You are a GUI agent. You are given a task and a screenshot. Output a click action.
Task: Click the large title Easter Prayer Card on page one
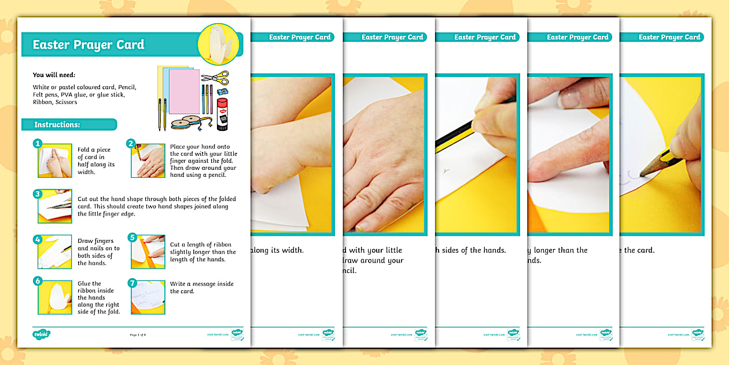tap(88, 45)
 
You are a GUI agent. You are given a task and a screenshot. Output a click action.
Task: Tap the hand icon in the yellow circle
tap(218, 43)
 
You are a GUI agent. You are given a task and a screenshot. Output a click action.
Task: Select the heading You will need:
tap(54, 75)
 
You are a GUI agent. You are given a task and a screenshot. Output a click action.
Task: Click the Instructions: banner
tap(57, 125)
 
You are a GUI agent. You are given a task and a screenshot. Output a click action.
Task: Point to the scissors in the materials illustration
tap(215, 77)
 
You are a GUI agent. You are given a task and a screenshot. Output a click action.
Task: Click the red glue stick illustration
tap(222, 112)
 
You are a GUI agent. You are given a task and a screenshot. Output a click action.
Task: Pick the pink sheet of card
tap(184, 91)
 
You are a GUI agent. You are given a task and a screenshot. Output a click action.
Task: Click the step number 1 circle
tap(38, 143)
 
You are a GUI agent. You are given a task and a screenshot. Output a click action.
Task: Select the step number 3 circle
tap(38, 194)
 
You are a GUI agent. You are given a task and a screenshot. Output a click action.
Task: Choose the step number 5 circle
tap(132, 237)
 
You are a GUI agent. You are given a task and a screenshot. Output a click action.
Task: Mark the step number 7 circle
tap(132, 283)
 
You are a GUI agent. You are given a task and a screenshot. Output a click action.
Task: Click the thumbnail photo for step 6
tap(56, 297)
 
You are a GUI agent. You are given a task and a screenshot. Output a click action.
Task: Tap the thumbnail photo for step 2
tap(149, 161)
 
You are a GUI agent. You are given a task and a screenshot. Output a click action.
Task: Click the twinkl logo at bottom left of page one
tap(41, 334)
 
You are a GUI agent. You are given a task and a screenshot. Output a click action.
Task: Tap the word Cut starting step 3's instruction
tap(83, 199)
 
